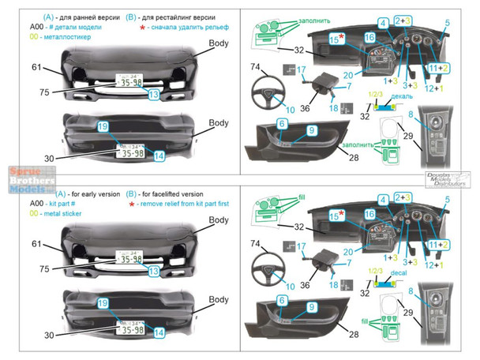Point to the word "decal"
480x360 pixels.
tap(384, 277)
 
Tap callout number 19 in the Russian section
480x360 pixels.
tap(102, 126)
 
